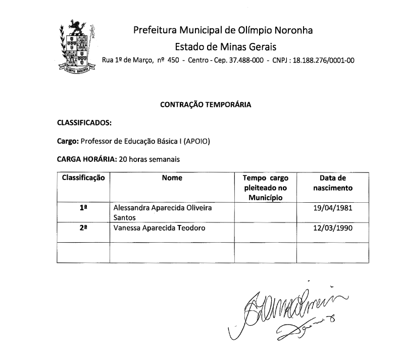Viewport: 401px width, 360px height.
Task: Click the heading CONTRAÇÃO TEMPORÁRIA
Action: coord(205,105)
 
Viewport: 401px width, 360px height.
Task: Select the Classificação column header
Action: coord(83,178)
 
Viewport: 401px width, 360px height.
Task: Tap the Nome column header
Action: coord(172,178)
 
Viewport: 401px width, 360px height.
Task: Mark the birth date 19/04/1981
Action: coord(332,208)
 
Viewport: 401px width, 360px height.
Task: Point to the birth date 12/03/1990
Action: coord(332,228)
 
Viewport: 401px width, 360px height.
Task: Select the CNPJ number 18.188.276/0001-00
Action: coord(321,61)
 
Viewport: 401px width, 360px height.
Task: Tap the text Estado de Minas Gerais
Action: coord(226,47)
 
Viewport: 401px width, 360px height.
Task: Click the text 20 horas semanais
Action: coord(149,159)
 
